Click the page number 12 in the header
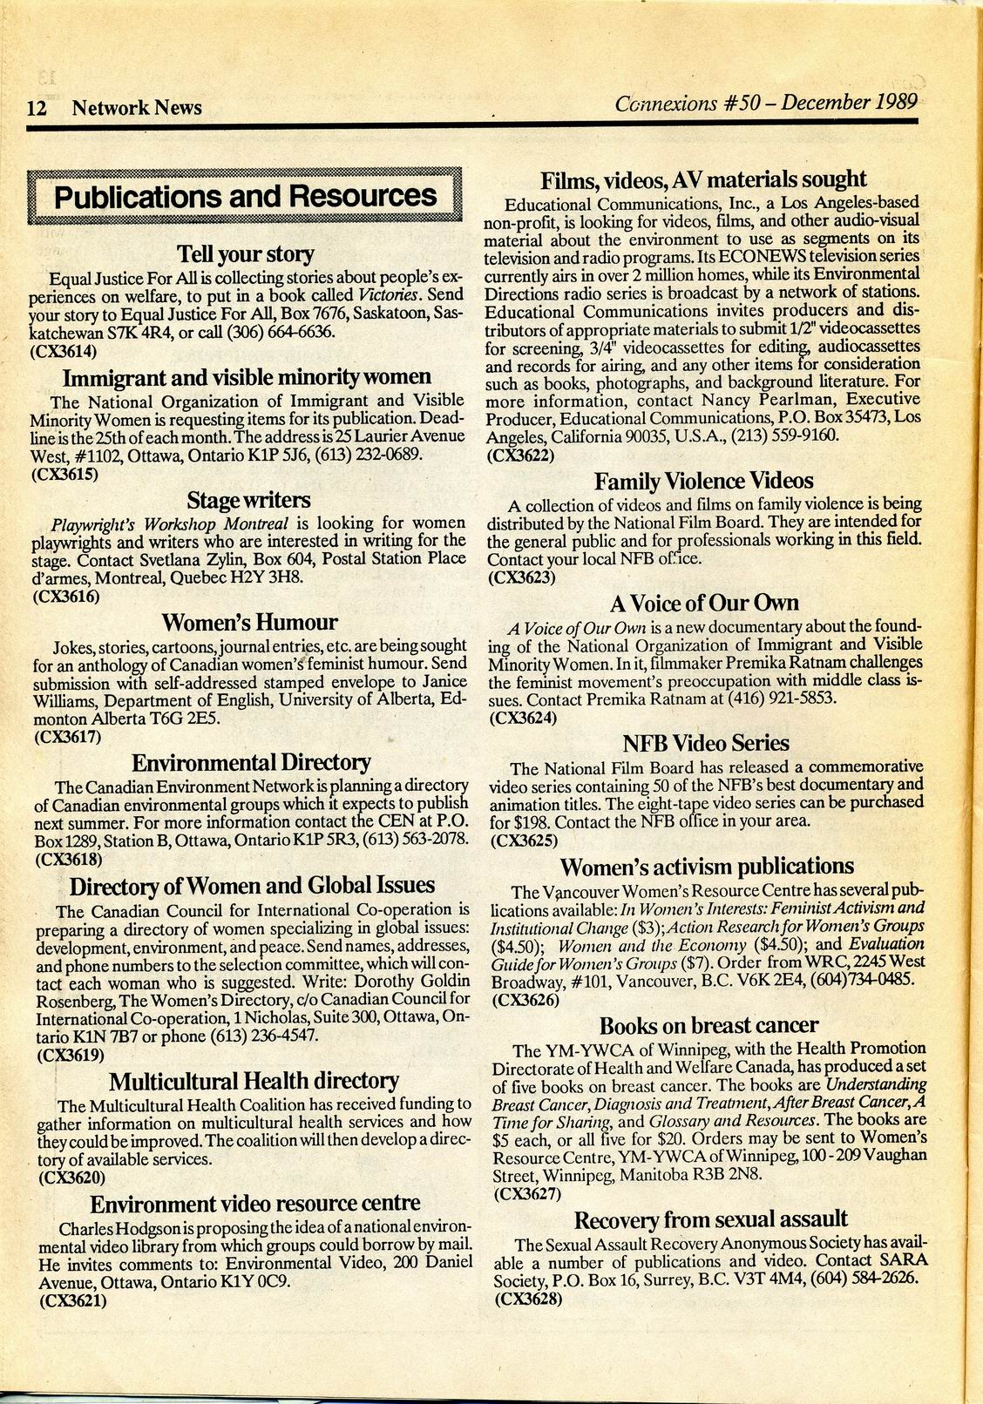37,108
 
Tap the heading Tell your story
245,254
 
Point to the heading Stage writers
248,500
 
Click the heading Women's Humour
249,623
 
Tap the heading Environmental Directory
251,763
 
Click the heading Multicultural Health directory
254,1082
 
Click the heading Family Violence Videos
703,482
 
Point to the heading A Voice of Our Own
703,604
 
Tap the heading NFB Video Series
705,744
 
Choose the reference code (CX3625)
524,841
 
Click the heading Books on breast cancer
708,1025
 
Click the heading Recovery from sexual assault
710,1219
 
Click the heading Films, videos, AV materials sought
703,180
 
